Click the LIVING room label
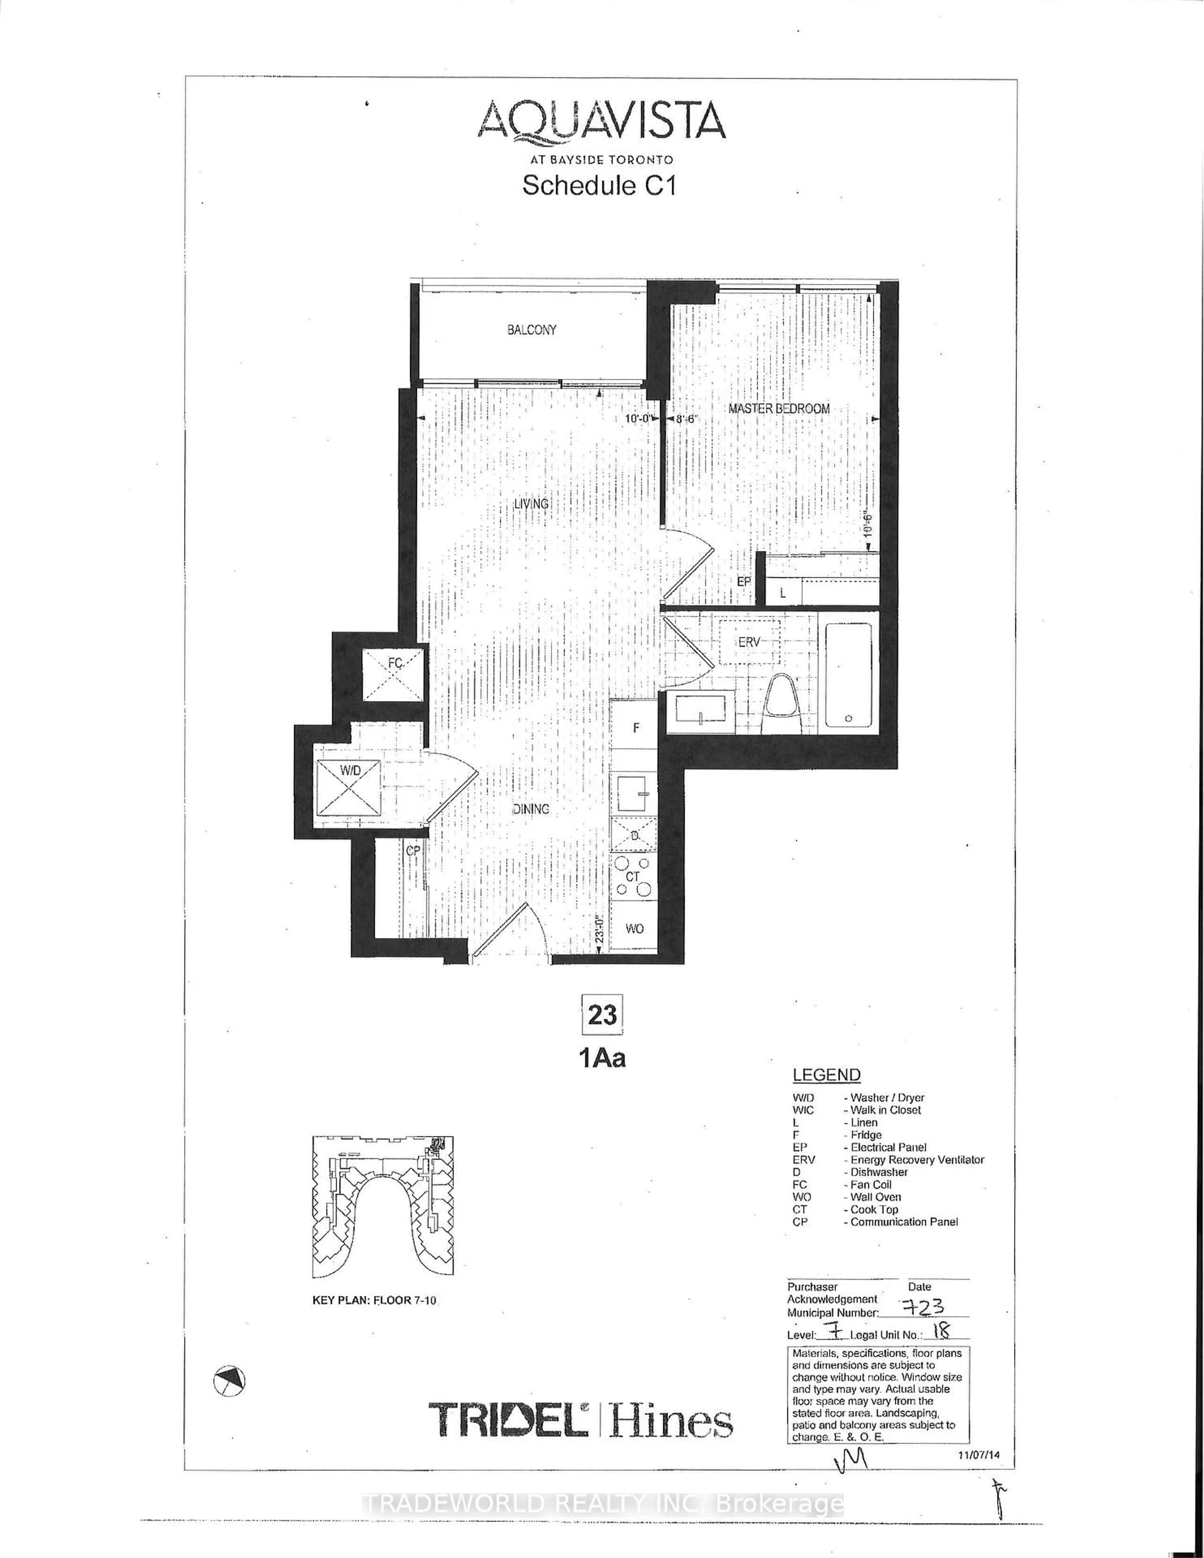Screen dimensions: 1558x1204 coord(531,504)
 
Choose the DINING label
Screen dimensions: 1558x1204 coord(531,809)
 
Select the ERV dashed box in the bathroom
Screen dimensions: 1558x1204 coord(749,642)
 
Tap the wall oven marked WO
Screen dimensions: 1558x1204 coord(634,928)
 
